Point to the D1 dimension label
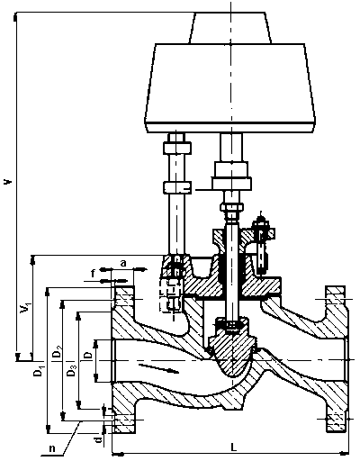(39, 370)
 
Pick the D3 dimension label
(72, 370)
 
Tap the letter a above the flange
(123, 264)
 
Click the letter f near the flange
(94, 274)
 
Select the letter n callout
(52, 449)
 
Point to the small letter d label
(98, 440)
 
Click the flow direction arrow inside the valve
(158, 368)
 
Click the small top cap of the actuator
(230, 28)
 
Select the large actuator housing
(230, 87)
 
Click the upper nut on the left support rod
(177, 148)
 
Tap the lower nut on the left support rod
(177, 187)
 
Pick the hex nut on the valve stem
(231, 207)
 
